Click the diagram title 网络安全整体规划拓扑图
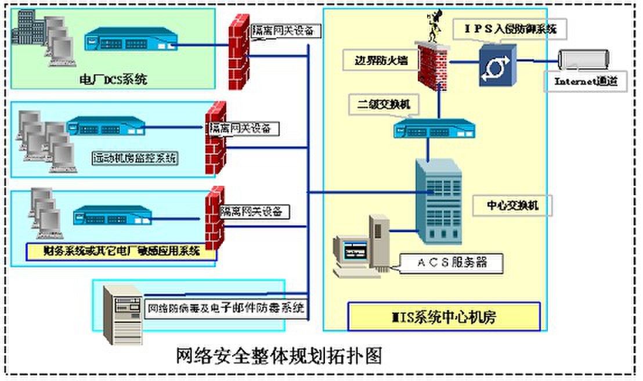(x=279, y=354)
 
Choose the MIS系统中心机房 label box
(x=443, y=317)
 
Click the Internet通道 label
(x=587, y=81)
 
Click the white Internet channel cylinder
(x=583, y=59)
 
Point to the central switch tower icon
(x=438, y=201)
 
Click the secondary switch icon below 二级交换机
(x=434, y=128)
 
